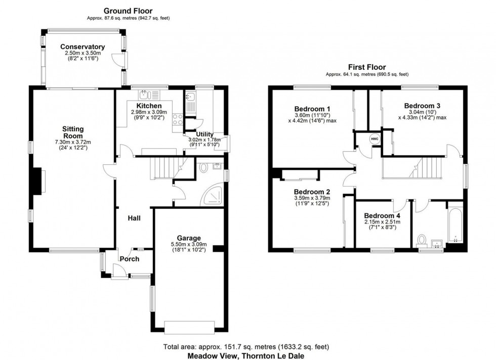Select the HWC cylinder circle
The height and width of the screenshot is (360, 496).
tap(374, 139)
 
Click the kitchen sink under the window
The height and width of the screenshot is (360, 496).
tap(146, 94)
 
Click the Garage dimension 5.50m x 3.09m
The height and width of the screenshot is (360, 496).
tap(188, 245)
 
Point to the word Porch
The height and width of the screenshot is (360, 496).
tap(129, 259)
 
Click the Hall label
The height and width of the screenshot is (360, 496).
tap(134, 218)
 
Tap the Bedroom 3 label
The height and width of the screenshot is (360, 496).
tap(422, 106)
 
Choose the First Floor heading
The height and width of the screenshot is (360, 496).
tap(366, 67)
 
